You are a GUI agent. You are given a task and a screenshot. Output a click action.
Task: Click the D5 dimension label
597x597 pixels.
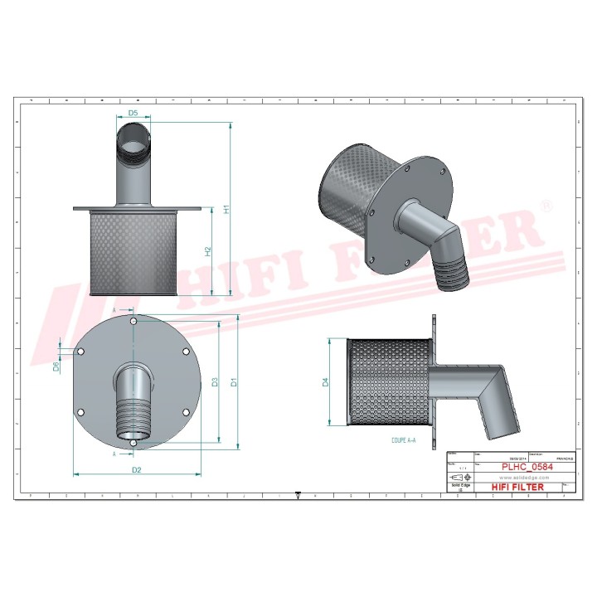(x=133, y=114)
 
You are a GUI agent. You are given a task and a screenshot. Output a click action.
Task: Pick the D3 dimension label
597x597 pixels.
(x=215, y=382)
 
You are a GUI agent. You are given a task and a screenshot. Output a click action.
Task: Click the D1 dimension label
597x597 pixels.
(x=235, y=382)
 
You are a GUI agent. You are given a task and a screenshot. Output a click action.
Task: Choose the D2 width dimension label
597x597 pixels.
(x=137, y=470)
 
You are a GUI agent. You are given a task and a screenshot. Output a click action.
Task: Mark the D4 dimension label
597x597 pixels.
(x=326, y=382)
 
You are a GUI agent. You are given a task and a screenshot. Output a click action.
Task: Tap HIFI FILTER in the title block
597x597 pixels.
(x=517, y=487)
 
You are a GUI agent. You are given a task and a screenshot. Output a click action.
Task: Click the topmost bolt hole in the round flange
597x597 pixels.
(x=134, y=320)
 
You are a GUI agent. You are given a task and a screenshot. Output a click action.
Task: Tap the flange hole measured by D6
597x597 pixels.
(x=80, y=352)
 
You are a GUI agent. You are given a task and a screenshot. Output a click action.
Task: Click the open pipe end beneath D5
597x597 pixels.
(x=133, y=133)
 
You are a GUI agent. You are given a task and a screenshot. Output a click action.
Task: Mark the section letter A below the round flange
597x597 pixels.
(x=114, y=454)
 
